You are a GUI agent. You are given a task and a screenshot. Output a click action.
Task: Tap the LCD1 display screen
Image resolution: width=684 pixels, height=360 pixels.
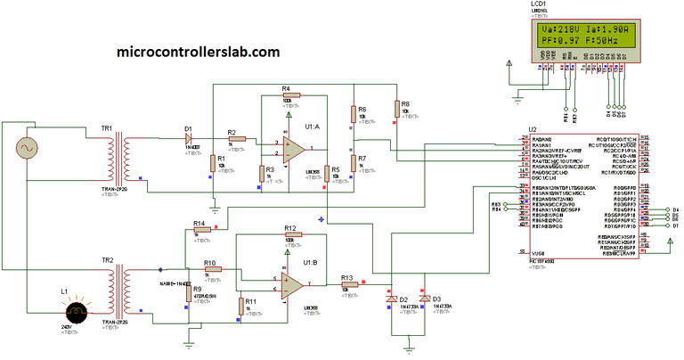583,35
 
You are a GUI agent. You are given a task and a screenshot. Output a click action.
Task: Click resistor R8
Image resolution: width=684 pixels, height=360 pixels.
396,109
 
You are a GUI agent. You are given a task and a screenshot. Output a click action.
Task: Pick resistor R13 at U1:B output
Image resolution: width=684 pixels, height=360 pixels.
349,285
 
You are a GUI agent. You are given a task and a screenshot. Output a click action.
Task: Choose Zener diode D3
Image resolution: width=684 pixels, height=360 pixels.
425,299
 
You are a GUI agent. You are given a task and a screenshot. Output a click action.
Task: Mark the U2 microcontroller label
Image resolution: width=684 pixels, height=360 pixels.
533,129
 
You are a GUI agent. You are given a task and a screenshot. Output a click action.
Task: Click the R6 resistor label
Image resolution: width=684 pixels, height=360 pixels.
362,109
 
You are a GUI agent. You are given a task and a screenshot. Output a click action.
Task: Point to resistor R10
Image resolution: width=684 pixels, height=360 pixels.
212,271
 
